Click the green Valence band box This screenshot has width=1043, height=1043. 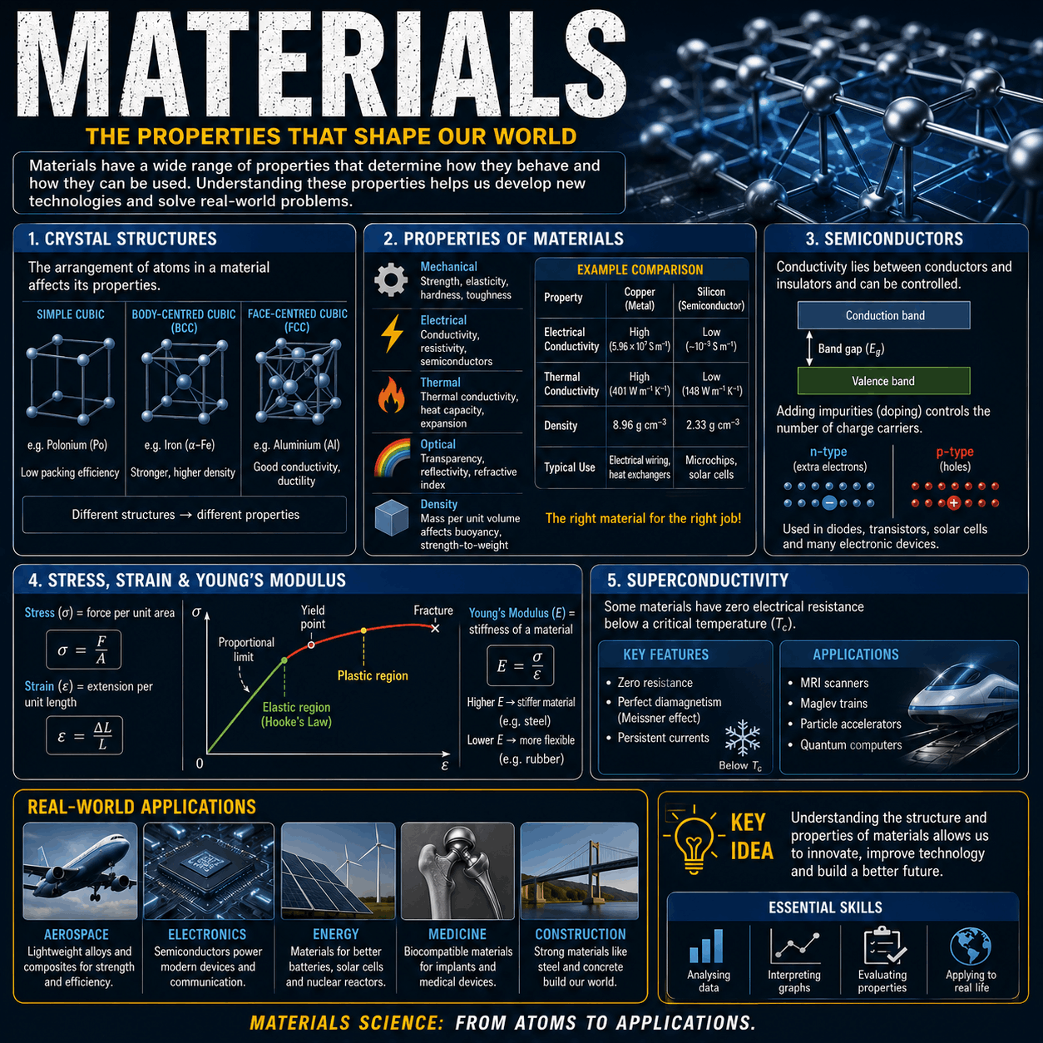[x=883, y=381]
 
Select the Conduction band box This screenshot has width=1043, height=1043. [x=883, y=315]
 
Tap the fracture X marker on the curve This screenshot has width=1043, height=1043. [x=435, y=629]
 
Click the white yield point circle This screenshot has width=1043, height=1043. [x=311, y=645]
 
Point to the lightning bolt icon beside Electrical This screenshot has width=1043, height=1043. [x=392, y=334]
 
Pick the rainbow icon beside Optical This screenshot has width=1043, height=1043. [x=392, y=457]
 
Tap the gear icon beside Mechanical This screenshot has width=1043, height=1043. [x=391, y=279]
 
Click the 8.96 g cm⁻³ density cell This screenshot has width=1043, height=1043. [x=640, y=425]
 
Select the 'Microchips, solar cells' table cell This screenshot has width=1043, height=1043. [x=711, y=467]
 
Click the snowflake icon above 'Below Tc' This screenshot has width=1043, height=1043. [x=743, y=738]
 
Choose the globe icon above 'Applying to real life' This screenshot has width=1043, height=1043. [x=971, y=947]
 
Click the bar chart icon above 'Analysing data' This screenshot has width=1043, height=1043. [x=707, y=947]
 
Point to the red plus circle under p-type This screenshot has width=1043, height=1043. [x=954, y=503]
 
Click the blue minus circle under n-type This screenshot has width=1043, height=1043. [x=829, y=503]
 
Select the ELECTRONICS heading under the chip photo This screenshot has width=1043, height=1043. [x=207, y=934]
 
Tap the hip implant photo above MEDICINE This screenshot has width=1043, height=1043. [x=457, y=871]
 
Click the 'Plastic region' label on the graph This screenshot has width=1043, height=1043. [x=373, y=675]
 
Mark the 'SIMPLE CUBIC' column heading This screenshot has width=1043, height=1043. [x=71, y=314]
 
